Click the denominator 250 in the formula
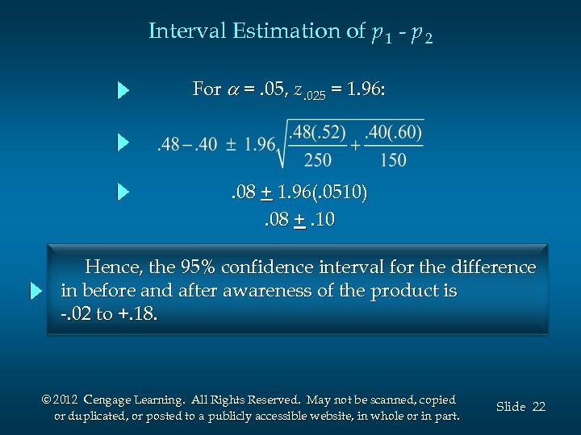pos(317,160)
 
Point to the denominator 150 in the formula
pos(392,160)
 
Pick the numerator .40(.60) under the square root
pos(393,131)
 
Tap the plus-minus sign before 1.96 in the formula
pos(230,146)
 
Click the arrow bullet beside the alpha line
pos(123,89)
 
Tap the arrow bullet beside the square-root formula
pos(123,143)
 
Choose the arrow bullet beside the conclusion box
pos(36,291)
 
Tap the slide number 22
pos(538,407)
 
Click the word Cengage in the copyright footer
pos(111,400)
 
